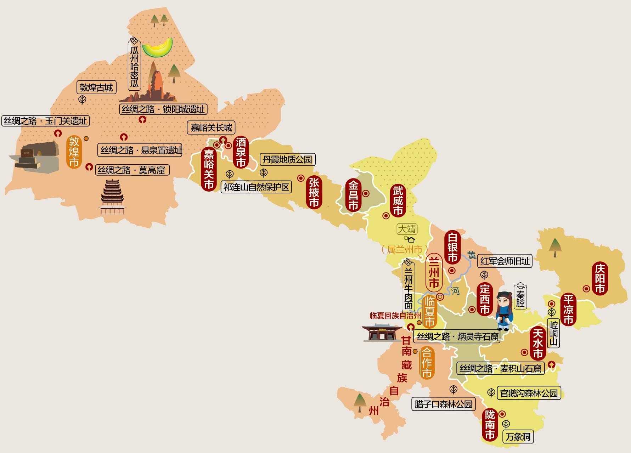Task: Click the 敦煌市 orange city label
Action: (x=74, y=152)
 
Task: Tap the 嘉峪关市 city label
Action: (x=208, y=169)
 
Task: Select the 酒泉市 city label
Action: (x=241, y=153)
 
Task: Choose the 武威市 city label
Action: (x=398, y=201)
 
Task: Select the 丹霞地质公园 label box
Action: (x=287, y=159)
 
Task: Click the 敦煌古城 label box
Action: (x=96, y=87)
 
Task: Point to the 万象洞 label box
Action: (x=518, y=437)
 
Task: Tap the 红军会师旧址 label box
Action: (x=505, y=261)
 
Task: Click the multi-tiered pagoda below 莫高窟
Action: (x=113, y=197)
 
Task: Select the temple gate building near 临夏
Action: (x=377, y=333)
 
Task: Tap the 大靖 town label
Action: (x=407, y=229)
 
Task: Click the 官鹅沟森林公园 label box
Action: (x=529, y=393)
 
